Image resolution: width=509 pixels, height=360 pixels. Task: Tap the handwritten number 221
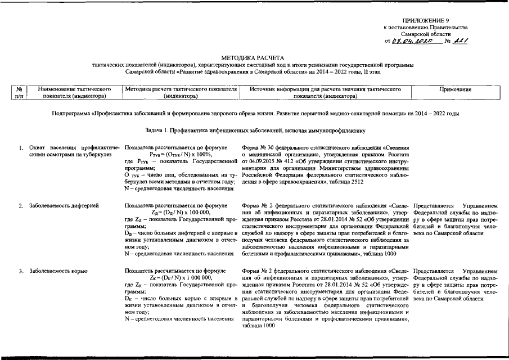(462, 41)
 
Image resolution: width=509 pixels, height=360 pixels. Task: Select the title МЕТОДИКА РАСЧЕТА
(254, 58)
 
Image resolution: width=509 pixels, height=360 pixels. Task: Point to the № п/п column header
(19, 93)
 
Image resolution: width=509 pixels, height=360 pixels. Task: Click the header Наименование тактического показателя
(72, 93)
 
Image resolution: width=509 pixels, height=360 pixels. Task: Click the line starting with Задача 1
(254, 130)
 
